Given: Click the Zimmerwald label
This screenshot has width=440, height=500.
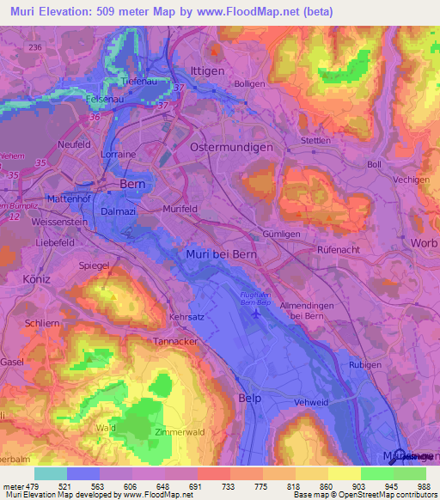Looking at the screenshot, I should (177, 432).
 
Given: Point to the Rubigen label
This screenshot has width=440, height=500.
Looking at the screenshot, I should (364, 365).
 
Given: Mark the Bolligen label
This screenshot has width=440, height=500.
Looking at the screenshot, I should (249, 84).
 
